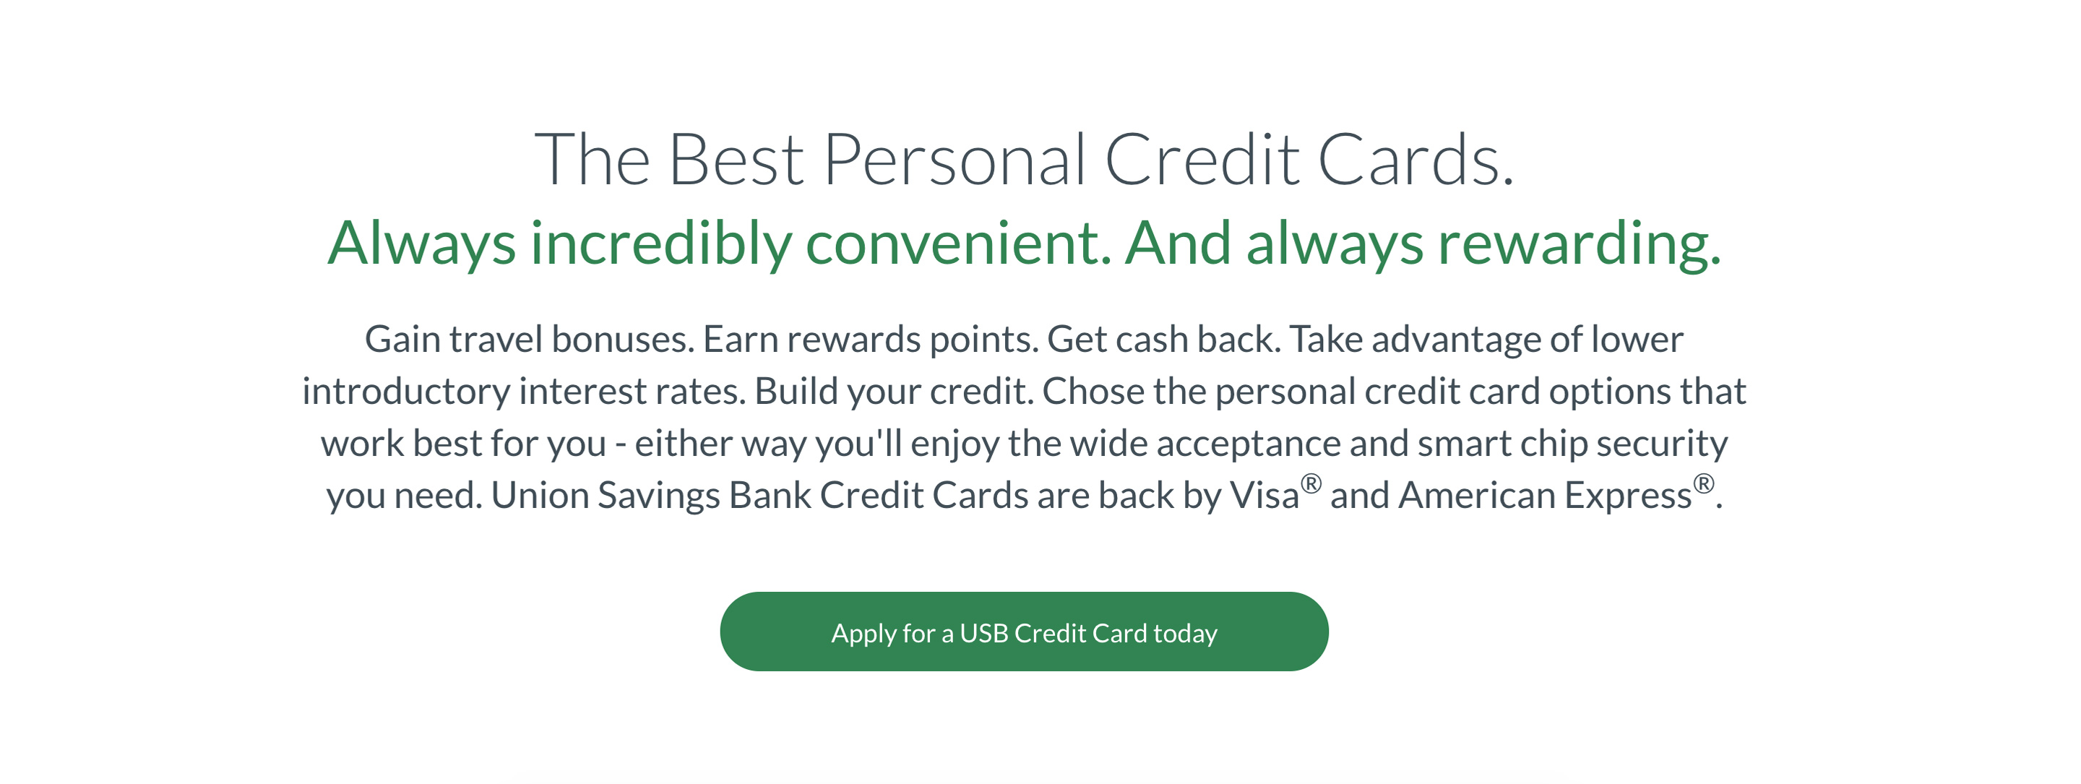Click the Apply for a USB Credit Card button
click(1024, 632)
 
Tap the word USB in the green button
click(983, 633)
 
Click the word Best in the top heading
click(736, 160)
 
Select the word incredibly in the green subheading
click(661, 244)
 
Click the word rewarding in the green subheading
click(1580, 244)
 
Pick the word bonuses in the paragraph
click(623, 340)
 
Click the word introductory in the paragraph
click(406, 392)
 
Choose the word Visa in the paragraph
click(1264, 496)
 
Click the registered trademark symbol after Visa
click(1311, 484)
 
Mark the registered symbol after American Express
click(1704, 484)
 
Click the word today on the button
click(1185, 634)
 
